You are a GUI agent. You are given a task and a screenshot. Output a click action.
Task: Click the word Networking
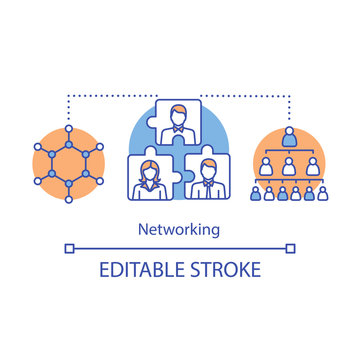click(180, 228)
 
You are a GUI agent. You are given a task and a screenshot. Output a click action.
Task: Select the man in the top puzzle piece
click(180, 117)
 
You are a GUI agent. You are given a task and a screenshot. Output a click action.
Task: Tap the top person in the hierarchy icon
click(288, 134)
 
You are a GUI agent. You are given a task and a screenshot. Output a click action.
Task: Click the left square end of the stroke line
click(68, 246)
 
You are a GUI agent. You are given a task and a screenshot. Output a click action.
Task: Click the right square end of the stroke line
click(291, 246)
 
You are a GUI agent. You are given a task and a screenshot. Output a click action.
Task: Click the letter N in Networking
click(146, 228)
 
